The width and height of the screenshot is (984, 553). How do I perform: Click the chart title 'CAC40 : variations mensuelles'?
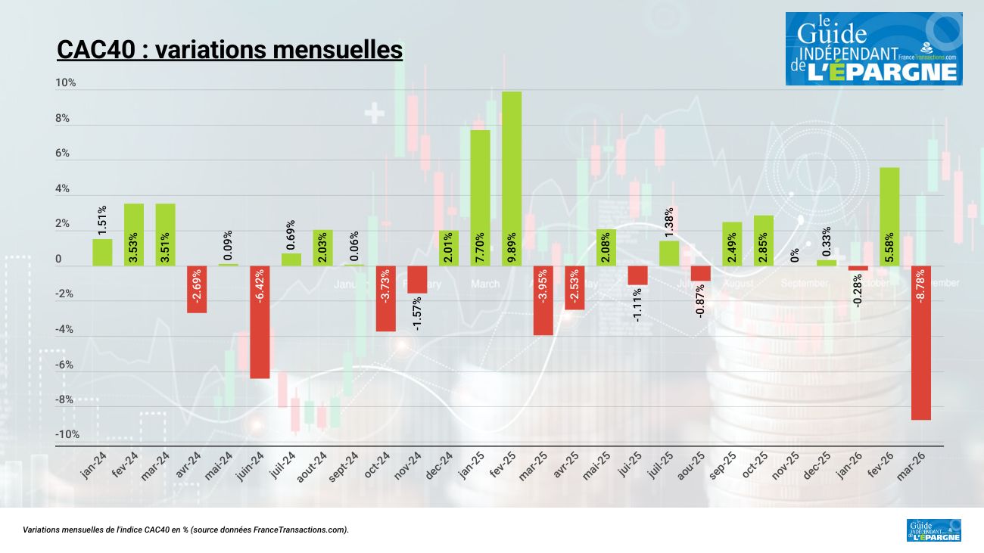pos(229,50)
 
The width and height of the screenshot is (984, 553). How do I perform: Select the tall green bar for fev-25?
pos(512,179)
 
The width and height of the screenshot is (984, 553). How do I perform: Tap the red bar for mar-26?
pos(921,342)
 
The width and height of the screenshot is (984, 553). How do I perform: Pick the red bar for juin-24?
pos(260,322)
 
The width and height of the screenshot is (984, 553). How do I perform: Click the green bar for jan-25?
pos(480,197)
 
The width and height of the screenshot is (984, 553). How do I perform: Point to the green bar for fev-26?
pos(889,216)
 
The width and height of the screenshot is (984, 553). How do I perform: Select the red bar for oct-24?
pos(385,298)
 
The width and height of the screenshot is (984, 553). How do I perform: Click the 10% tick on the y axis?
pos(66,82)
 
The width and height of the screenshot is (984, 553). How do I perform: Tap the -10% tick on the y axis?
pos(67,434)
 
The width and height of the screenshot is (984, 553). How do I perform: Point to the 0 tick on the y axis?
pos(58,259)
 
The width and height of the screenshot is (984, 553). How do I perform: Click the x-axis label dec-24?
pos(440,464)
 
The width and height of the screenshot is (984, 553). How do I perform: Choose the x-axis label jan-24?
pos(94,464)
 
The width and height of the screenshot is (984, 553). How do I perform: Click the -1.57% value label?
pos(417,312)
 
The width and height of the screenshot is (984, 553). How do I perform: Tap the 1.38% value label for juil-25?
pos(668,223)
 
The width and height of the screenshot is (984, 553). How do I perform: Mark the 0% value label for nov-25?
pos(795,255)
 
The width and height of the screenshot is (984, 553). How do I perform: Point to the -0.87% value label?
pos(700,300)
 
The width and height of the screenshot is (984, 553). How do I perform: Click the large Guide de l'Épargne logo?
pos(873,48)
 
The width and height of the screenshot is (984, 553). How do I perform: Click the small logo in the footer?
pos(933,530)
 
